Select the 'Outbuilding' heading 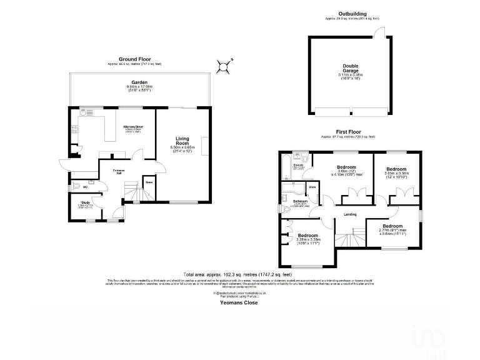[x=352, y=13]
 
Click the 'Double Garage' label [x=350, y=68]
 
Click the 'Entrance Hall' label [x=117, y=172]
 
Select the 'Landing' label [x=350, y=214]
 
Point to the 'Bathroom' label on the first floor [x=301, y=201]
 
